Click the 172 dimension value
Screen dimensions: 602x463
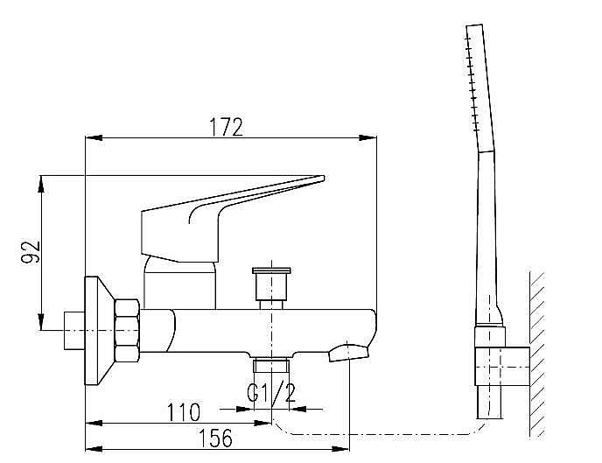click(227, 127)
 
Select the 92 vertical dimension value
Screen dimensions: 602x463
click(31, 251)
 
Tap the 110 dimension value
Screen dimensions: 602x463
click(184, 412)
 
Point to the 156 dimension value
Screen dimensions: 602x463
click(216, 438)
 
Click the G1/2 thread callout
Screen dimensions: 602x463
click(272, 392)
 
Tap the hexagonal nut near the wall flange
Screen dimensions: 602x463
click(127, 331)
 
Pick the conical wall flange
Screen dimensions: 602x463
click(99, 331)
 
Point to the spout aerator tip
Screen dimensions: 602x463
click(348, 353)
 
